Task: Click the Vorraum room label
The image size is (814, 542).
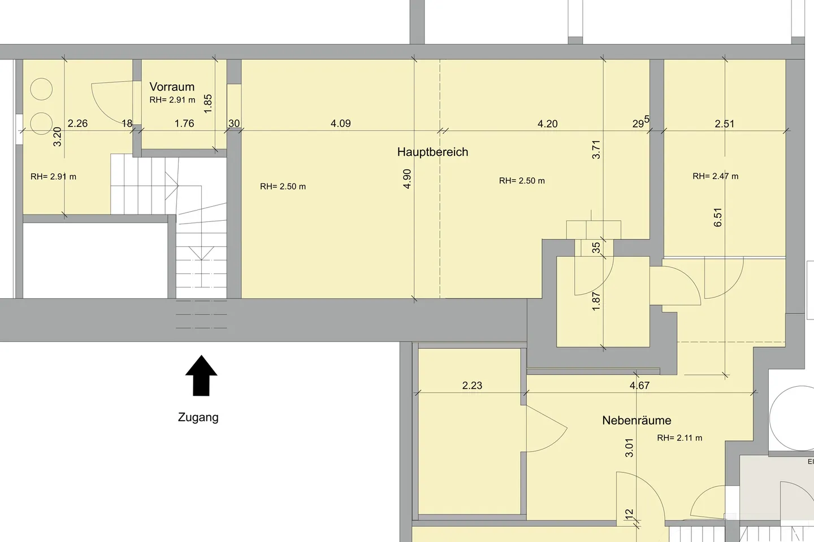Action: (x=172, y=87)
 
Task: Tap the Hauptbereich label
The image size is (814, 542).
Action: (x=432, y=152)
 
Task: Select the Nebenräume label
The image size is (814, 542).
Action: (x=637, y=421)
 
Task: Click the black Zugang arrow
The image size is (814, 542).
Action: (x=201, y=375)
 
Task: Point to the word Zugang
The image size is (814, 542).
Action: (x=198, y=417)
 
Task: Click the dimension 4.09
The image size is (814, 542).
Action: (x=340, y=124)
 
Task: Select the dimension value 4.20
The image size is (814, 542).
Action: (x=547, y=124)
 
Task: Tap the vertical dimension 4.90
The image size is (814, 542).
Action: (x=407, y=179)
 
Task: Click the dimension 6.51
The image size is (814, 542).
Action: (x=718, y=217)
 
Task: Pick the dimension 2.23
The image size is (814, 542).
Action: (x=472, y=385)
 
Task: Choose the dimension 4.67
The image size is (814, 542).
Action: (x=639, y=385)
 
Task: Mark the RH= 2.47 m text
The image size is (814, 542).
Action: (x=715, y=176)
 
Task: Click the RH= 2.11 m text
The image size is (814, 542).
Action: (x=679, y=438)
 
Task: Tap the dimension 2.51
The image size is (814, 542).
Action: (x=725, y=124)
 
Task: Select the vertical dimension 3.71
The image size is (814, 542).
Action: (x=596, y=150)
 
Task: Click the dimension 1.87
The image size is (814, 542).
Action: (x=596, y=301)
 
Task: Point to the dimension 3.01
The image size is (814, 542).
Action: (x=629, y=448)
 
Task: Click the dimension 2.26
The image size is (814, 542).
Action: (x=77, y=124)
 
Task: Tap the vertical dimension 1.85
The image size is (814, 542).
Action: (x=208, y=104)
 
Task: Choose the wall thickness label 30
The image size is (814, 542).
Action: (x=234, y=124)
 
